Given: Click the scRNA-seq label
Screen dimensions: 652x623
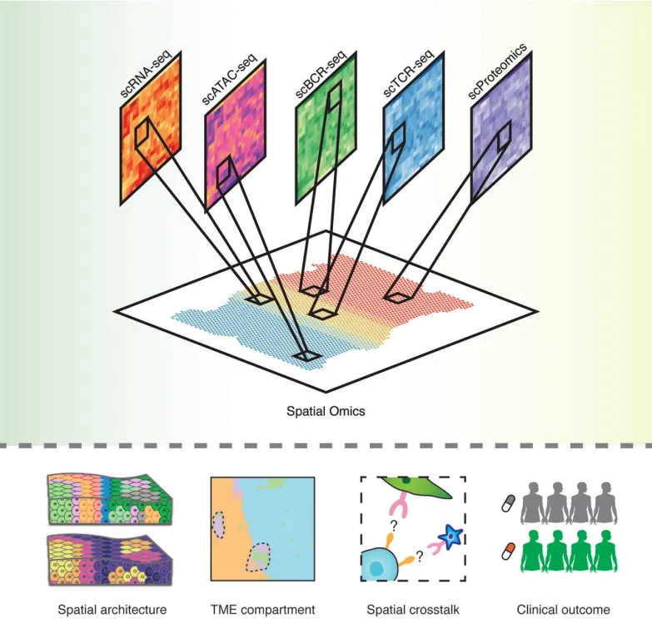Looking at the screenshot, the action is pyautogui.click(x=146, y=73).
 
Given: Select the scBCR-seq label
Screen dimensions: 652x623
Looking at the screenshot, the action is pyautogui.click(x=321, y=75).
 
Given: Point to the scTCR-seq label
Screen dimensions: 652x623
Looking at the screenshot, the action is pyautogui.click(x=408, y=75).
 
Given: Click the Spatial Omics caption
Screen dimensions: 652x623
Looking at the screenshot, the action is pyautogui.click(x=326, y=411).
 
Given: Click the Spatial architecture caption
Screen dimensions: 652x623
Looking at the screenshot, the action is pyautogui.click(x=112, y=610).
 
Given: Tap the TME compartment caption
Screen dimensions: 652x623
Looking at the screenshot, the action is pyautogui.click(x=263, y=610).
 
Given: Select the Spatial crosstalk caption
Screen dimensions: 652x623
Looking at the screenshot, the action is pyautogui.click(x=413, y=610).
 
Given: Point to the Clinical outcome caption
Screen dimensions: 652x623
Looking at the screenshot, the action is pyautogui.click(x=564, y=610).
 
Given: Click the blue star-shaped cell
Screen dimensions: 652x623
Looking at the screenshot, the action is pyautogui.click(x=450, y=537).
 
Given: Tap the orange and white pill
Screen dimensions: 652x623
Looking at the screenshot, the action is pyautogui.click(x=509, y=551).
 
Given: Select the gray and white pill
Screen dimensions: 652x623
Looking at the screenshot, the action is pyautogui.click(x=509, y=503).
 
